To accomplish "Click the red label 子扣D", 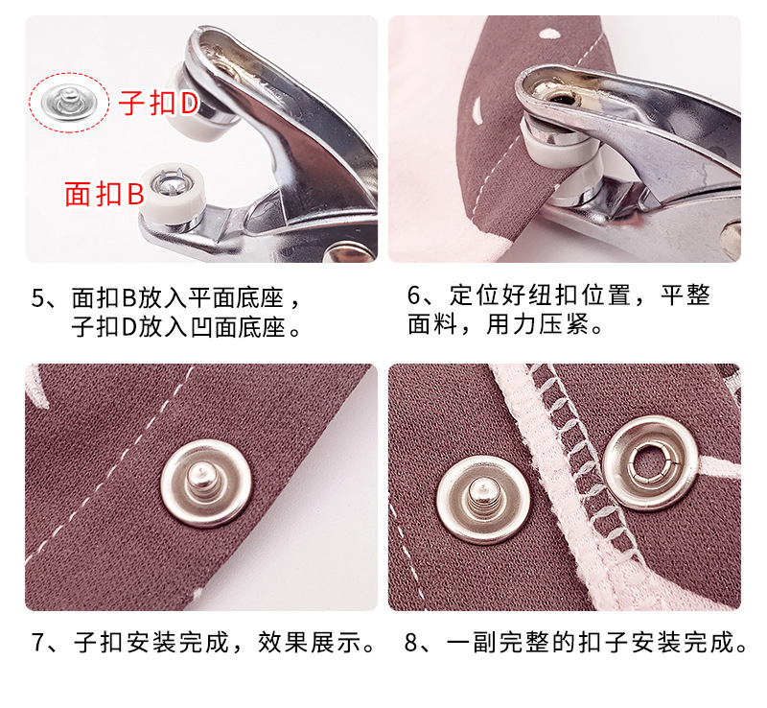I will click(158, 104).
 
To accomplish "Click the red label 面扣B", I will click(104, 194).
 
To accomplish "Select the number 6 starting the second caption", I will click(415, 295).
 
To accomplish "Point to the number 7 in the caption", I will click(39, 642).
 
